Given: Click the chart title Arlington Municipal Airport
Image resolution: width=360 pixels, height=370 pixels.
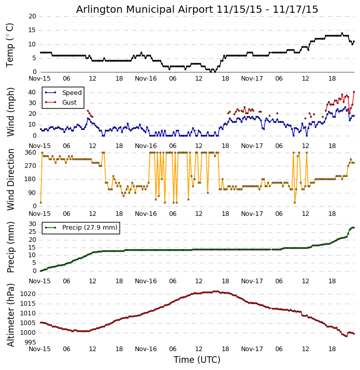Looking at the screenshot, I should coord(197,9).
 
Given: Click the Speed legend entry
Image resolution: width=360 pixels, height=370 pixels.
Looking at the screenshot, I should coord(71,93).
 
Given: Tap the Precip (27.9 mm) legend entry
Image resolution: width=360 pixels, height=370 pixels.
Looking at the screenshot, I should coord(89,228).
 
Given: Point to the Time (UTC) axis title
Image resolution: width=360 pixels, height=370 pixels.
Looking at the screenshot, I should coord(197,360).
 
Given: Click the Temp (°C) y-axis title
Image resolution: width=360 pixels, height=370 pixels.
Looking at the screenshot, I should coord(10,44).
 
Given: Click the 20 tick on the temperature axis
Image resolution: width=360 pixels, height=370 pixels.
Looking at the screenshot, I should coord(32,16).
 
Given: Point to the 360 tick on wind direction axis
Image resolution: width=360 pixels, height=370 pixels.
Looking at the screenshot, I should coord(30,153).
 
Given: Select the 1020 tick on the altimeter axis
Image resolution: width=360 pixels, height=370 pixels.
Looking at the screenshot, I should coord(29,294).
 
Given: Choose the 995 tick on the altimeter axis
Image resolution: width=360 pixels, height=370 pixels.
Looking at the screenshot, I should coord(30,342).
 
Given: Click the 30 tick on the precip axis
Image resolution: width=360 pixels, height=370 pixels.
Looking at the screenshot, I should coord(32,224).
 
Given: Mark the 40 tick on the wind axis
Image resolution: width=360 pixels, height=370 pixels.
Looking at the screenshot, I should coord(32,92).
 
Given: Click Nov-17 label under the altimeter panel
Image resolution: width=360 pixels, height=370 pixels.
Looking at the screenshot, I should coord(252,349).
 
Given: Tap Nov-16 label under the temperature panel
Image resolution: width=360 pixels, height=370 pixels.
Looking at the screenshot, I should coord(146,79).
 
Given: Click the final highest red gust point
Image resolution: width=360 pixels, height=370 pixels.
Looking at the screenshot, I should coord(353,92).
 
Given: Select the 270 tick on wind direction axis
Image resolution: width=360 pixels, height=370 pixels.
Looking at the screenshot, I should coord(30,166).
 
